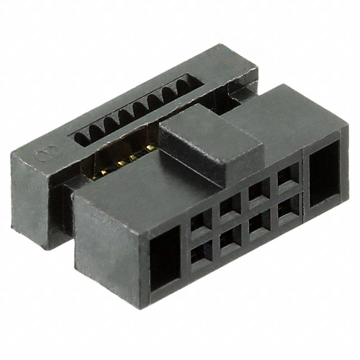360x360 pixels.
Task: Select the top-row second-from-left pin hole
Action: [x=229, y=208]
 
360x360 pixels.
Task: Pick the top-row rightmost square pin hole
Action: [x=286, y=178]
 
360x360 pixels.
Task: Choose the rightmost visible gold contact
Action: [x=150, y=148]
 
